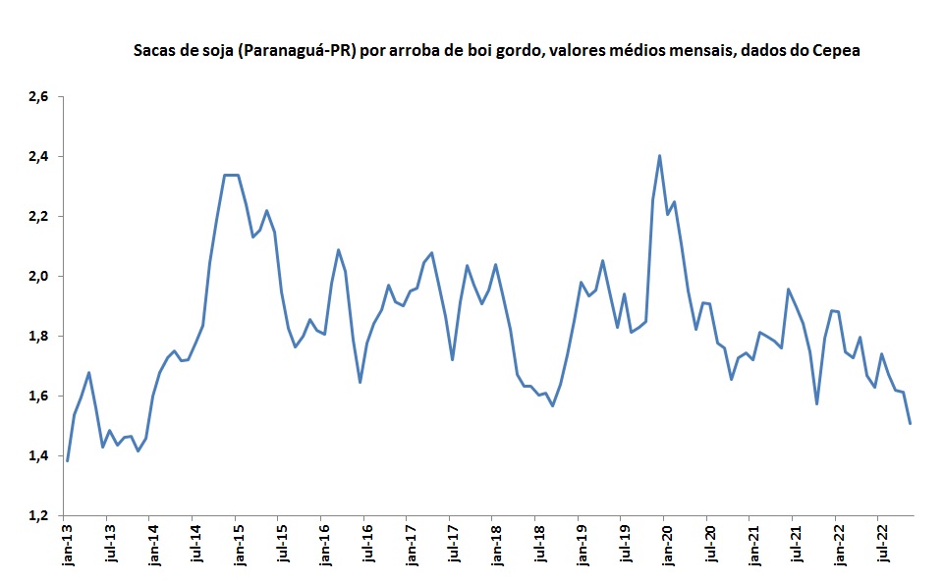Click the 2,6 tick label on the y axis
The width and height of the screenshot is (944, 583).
pos(38,96)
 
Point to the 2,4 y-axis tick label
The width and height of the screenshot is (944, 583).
pos(38,156)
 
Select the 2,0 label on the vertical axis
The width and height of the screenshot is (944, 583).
pos(38,276)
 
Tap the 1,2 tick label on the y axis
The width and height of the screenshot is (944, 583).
pos(38,515)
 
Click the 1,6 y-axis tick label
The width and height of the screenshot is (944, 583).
pos(38,396)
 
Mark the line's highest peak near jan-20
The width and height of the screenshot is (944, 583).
pos(659,155)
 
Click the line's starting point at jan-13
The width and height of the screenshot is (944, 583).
pos(67,459)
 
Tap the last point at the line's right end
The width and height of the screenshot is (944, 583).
pos(910,424)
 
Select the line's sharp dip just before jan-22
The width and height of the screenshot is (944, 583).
pos(816,403)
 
